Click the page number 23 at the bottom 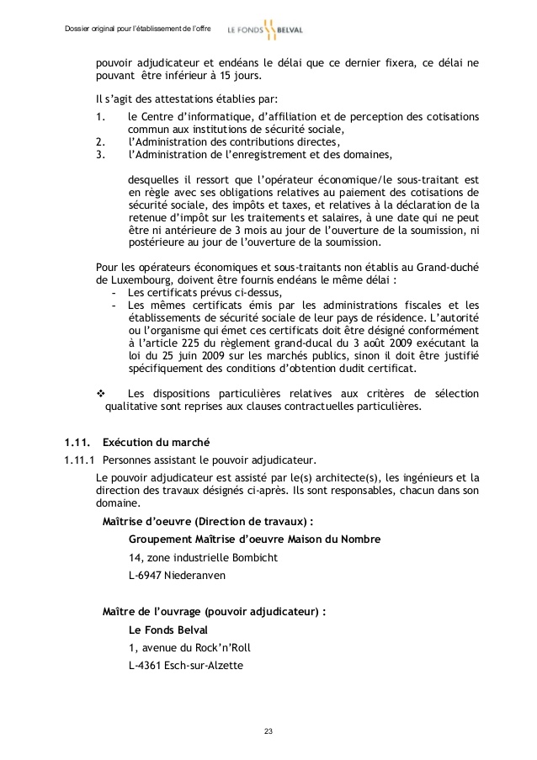coord(268,730)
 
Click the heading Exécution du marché coord(156,443)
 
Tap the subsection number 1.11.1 coord(78,460)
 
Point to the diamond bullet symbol coord(103,394)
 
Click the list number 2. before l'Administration coord(100,142)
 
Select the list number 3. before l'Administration coord(100,155)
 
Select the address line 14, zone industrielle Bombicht coord(202,557)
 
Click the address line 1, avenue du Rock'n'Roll coord(189,647)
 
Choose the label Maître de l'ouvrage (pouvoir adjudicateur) coord(214,610)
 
